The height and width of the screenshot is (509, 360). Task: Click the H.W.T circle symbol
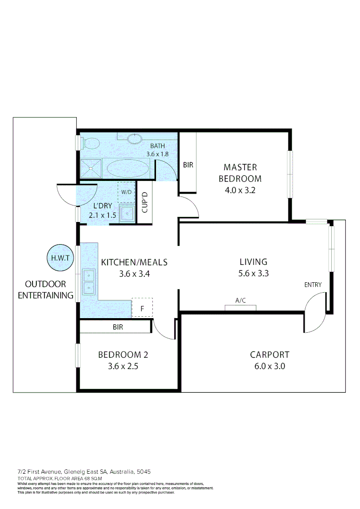60,258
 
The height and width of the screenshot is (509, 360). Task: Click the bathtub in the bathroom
128,167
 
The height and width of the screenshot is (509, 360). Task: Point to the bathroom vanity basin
135,139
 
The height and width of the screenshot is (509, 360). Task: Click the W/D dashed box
126,192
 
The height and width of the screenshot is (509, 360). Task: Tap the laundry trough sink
127,213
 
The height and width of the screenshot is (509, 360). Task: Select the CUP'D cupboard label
145,202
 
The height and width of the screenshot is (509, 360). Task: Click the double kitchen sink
88,281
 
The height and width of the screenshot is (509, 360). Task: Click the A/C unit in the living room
240,307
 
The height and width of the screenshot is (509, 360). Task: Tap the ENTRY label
313,285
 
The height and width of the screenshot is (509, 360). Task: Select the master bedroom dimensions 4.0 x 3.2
240,191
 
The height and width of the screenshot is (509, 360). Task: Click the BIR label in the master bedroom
188,165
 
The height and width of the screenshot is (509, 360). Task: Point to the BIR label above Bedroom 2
118,327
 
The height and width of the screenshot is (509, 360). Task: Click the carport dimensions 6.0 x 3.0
269,366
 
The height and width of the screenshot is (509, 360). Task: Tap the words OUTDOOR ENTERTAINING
46,290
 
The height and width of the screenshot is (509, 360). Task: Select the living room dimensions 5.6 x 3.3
254,273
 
